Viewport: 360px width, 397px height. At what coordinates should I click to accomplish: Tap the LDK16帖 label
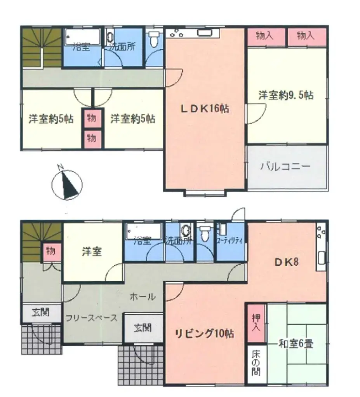tap(205, 109)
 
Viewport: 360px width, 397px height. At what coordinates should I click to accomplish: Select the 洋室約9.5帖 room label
tap(286, 95)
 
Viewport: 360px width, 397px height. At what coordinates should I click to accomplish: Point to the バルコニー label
tap(285, 167)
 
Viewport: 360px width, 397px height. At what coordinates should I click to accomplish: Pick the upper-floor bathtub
tap(83, 37)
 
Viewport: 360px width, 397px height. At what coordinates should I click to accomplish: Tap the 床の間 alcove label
tap(256, 362)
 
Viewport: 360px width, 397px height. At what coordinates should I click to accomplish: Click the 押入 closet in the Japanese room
tap(256, 323)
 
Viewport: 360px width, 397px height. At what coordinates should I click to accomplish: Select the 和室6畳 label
tap(296, 343)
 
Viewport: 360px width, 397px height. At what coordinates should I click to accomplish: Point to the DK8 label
tap(287, 262)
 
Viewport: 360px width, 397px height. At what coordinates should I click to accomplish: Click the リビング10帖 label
tap(204, 333)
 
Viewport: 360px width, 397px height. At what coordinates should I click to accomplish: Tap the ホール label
tap(143, 296)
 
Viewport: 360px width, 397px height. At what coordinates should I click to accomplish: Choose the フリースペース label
tap(91, 317)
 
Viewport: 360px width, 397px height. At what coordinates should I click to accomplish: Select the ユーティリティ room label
tap(230, 240)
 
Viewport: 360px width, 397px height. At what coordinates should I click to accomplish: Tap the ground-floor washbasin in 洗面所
tap(186, 230)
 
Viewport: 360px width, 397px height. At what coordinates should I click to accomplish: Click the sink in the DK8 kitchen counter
tap(321, 258)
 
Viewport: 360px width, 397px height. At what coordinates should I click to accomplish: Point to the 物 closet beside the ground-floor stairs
tap(51, 252)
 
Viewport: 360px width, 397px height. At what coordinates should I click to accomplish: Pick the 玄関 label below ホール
tap(143, 328)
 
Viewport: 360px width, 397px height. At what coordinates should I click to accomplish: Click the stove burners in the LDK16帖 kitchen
tap(176, 33)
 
